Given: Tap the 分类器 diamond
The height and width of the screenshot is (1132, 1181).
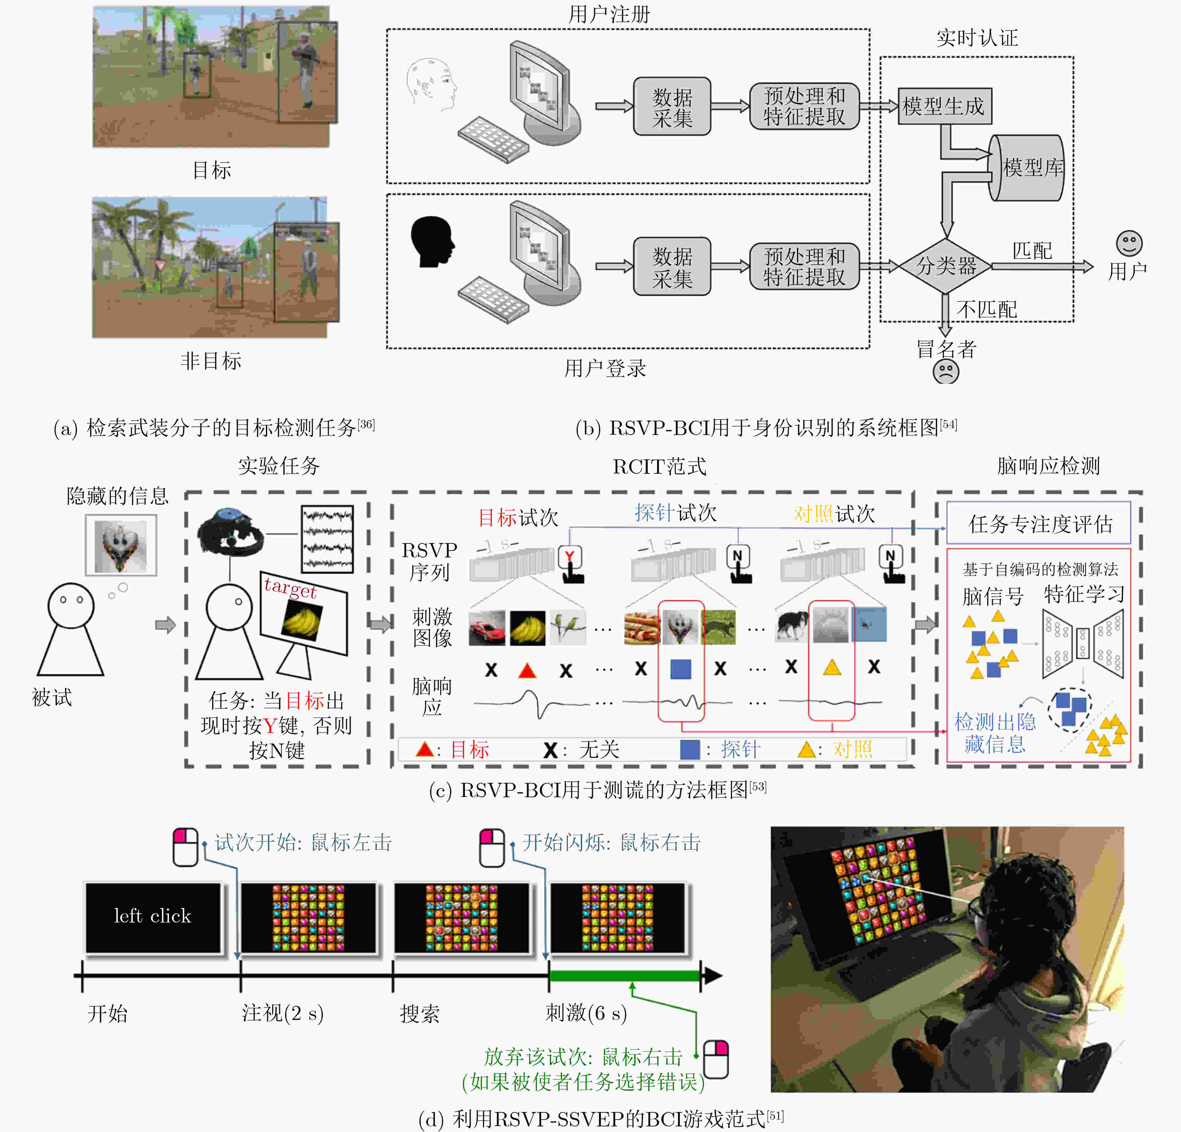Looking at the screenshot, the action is [945, 265].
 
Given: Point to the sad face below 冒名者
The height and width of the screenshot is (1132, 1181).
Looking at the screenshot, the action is [945, 372].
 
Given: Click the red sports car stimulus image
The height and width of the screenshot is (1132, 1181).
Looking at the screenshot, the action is [487, 628].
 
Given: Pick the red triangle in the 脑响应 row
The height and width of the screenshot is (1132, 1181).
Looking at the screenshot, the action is [527, 670].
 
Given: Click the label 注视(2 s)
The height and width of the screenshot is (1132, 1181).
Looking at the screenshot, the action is [282, 1013].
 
